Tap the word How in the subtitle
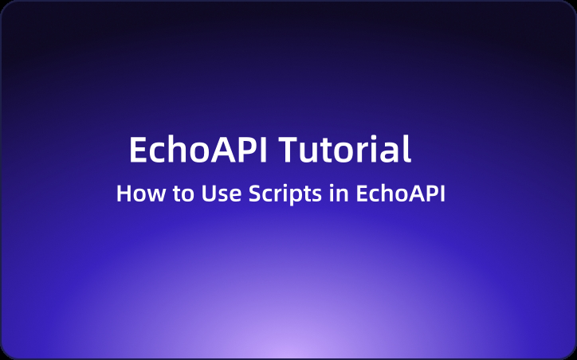[135, 194]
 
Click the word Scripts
[275, 194]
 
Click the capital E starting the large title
[138, 150]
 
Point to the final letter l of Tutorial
[407, 149]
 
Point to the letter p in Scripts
[286, 196]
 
